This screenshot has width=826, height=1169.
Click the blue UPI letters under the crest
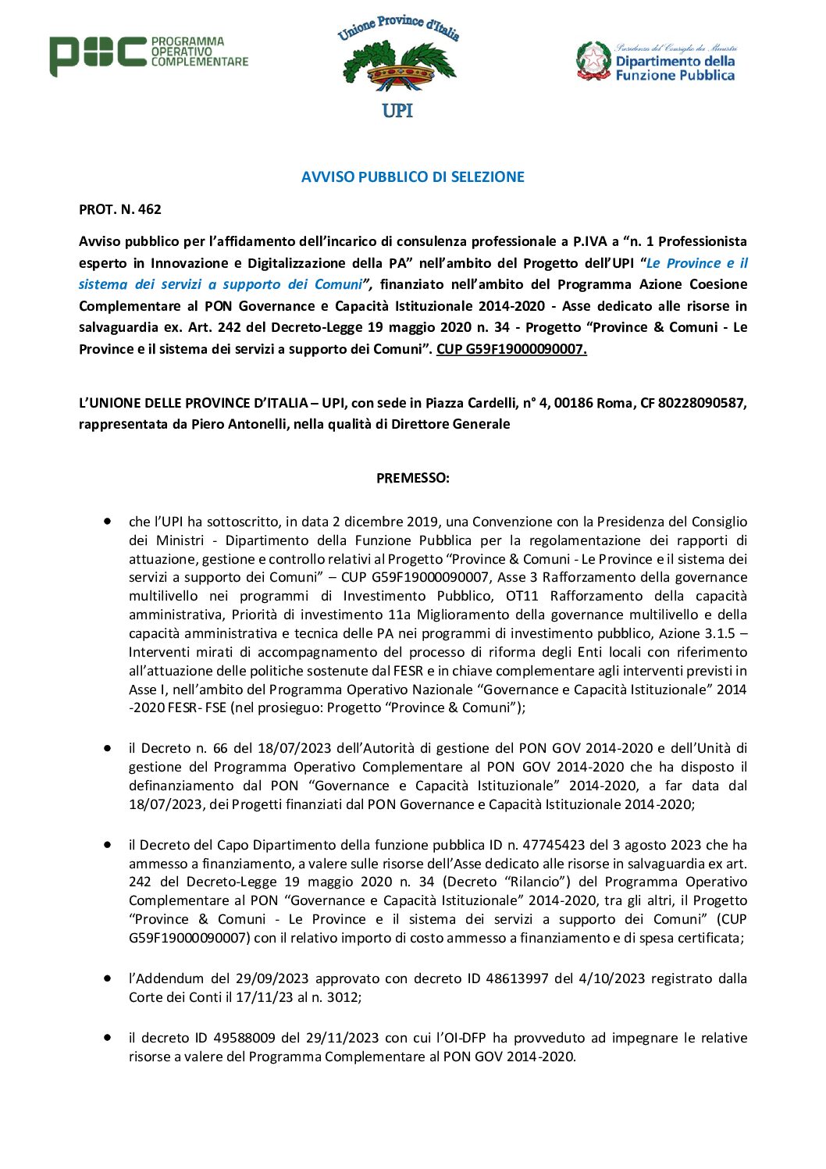coord(397,110)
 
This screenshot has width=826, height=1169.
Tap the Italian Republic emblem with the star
coord(593,61)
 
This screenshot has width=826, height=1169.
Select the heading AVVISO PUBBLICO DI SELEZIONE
coord(412,177)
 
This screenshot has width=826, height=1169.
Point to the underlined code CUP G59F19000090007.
coord(511,349)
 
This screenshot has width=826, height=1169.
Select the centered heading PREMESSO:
coord(412,478)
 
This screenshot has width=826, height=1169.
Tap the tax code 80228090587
coord(702,403)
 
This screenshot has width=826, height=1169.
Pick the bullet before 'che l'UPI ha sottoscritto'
coord(107,521)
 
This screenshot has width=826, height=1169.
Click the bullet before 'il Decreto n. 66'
coord(107,747)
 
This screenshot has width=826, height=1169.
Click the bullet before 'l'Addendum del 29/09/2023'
coord(107,978)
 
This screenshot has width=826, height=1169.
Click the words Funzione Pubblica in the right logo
coord(675,76)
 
